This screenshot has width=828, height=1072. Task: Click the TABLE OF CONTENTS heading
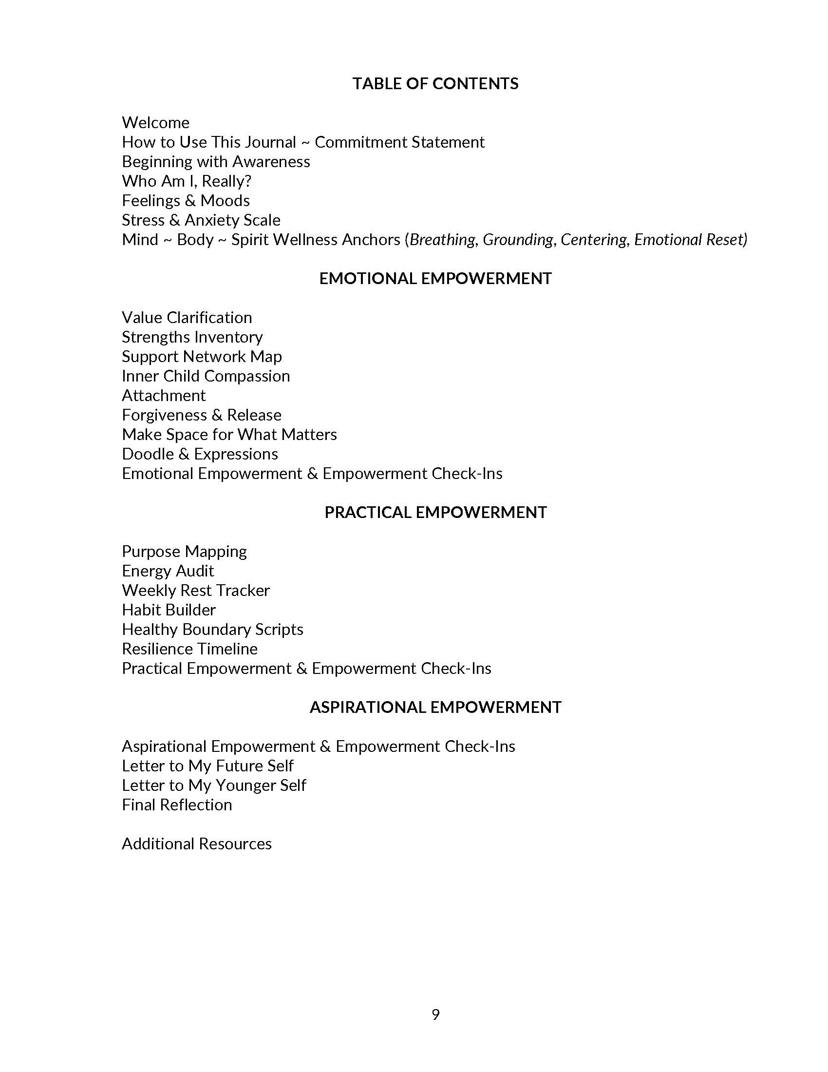click(435, 84)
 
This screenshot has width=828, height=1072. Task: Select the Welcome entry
click(155, 123)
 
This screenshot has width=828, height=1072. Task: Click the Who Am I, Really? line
click(187, 182)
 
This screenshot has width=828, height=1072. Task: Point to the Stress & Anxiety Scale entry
click(201, 220)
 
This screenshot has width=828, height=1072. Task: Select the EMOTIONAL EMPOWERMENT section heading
click(435, 279)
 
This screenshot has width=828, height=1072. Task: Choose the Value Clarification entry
click(187, 318)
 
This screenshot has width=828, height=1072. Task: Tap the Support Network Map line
click(202, 357)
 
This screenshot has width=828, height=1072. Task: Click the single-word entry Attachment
click(164, 396)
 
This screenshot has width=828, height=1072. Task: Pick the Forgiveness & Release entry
click(202, 415)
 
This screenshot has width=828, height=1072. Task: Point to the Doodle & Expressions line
click(200, 454)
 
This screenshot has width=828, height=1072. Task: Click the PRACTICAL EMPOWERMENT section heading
click(435, 513)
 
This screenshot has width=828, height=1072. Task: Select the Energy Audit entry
click(168, 572)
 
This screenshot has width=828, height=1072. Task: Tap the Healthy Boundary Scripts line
click(212, 630)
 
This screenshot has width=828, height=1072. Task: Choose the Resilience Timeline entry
click(189, 650)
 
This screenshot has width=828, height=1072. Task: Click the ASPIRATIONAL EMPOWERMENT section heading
click(435, 708)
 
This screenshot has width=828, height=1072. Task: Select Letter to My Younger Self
click(214, 785)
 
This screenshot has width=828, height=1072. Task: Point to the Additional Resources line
click(197, 844)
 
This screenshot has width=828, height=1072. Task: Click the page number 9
click(435, 1015)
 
